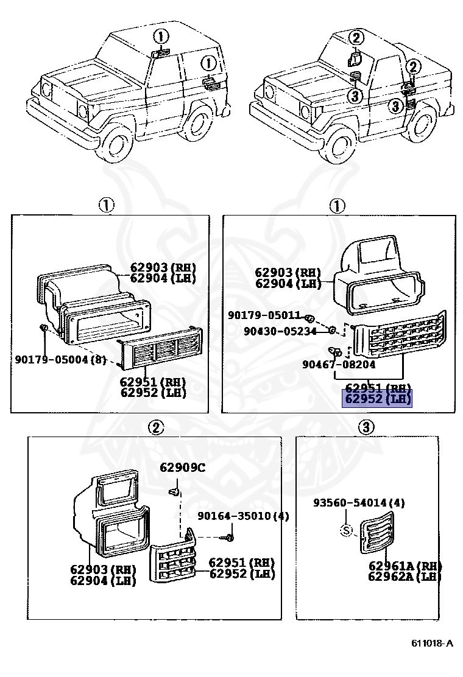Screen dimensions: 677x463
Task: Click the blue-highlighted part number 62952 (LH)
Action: tap(378, 400)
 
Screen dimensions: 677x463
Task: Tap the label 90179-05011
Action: tap(264, 315)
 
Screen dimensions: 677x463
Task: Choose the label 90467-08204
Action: tap(339, 365)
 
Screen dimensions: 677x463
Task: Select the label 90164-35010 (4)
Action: tap(242, 517)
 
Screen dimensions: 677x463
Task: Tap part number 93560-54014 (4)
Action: tap(359, 503)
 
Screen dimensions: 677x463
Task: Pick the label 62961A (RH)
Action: tap(405, 566)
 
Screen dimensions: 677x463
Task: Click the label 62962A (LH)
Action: tap(404, 577)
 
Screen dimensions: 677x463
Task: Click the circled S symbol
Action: tap(346, 531)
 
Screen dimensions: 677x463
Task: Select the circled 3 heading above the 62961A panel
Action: tap(366, 428)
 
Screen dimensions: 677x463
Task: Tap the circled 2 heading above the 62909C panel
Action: tap(156, 428)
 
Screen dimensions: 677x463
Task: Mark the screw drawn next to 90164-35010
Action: tap(230, 537)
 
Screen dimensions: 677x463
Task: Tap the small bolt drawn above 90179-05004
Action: tap(44, 329)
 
